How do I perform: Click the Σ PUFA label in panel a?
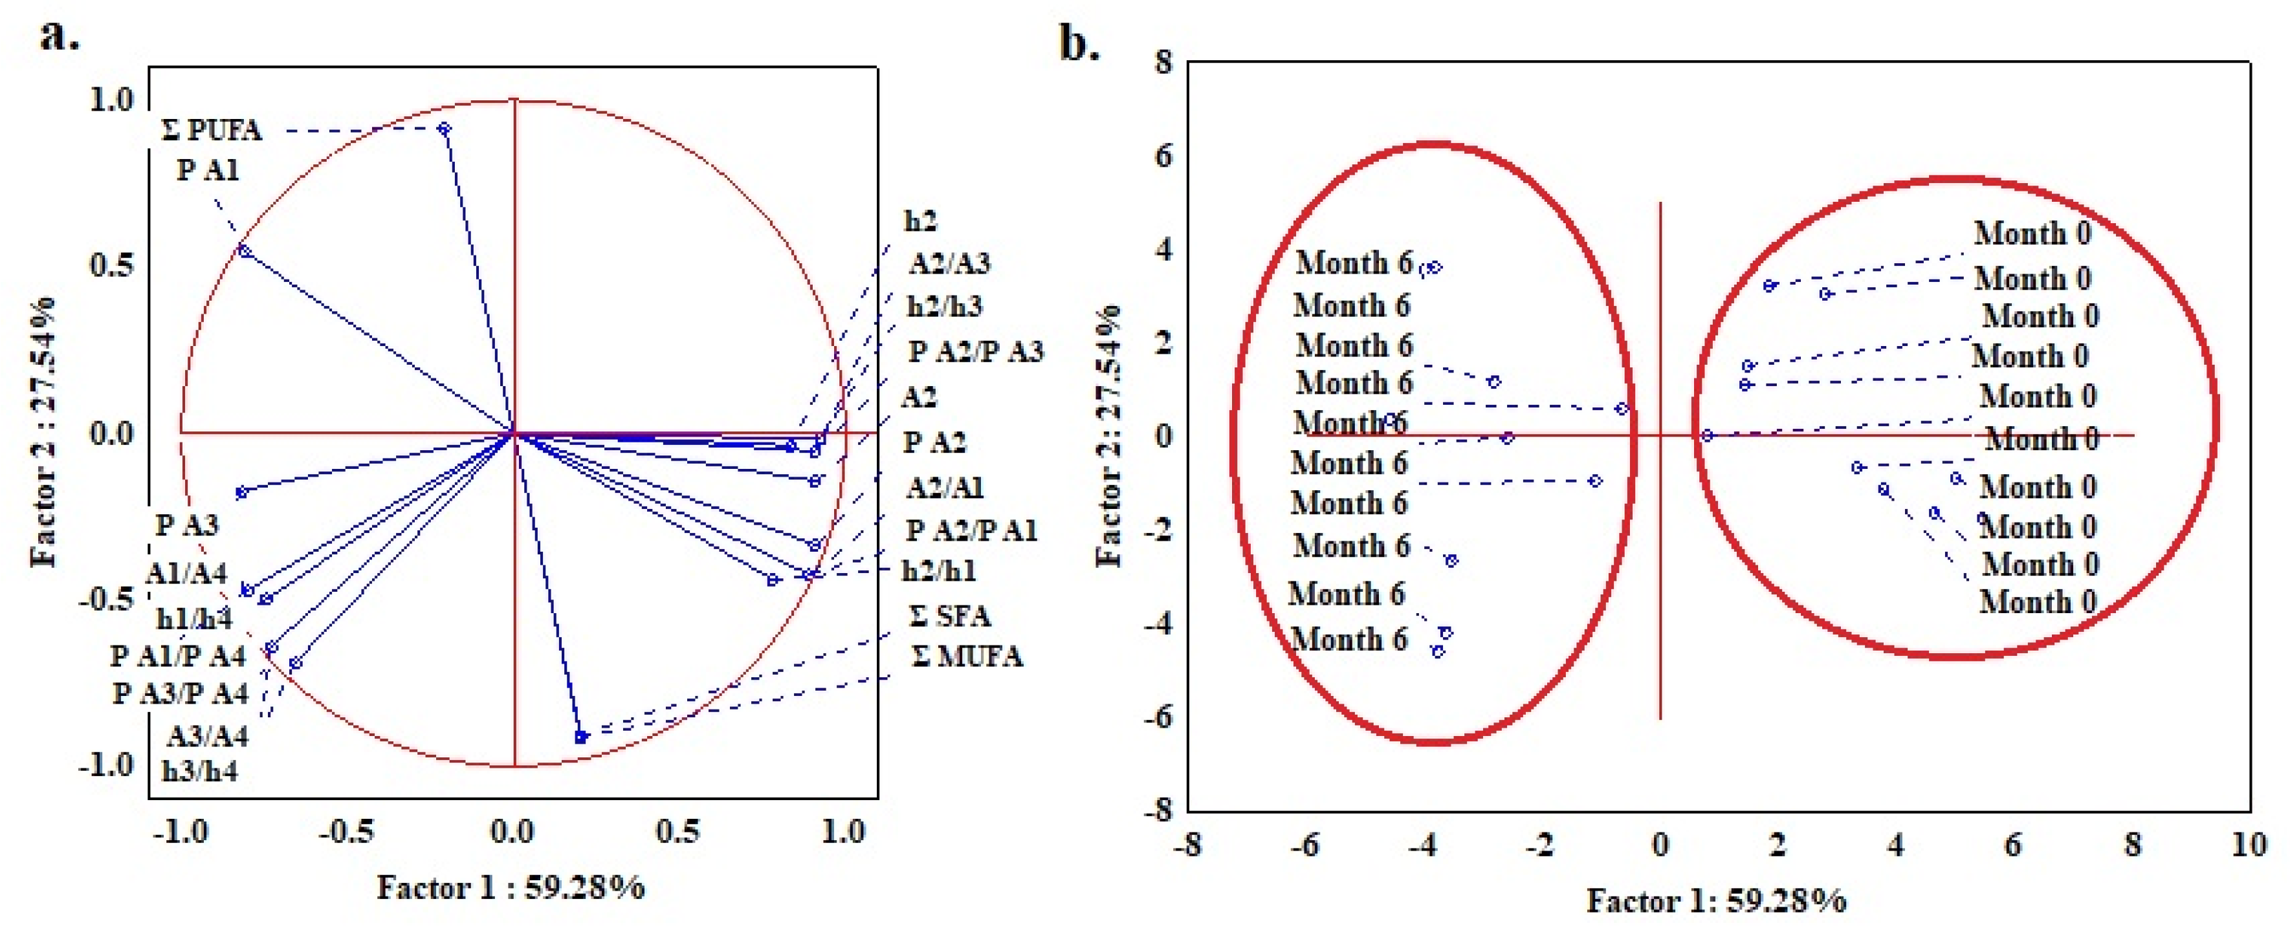click(212, 130)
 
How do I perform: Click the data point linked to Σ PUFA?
click(445, 129)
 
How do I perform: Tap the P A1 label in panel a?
click(208, 169)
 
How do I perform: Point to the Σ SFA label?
click(949, 616)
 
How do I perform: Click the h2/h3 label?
click(944, 307)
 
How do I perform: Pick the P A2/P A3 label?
click(975, 352)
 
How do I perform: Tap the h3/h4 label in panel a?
click(199, 770)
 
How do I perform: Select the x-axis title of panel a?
click(511, 887)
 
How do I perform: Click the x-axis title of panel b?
click(1717, 901)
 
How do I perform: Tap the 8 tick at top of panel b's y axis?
click(1163, 62)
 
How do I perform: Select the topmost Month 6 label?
click(1353, 263)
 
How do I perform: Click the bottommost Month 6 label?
click(1349, 639)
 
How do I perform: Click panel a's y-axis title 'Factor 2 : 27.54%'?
click(43, 433)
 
